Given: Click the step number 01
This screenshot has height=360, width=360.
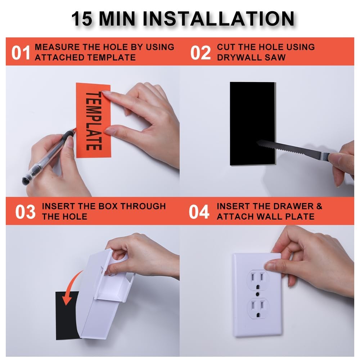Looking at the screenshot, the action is pos(21,53).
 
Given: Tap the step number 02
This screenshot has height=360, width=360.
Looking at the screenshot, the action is pos(200,53).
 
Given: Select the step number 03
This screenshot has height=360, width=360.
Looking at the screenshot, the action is pos(25,212).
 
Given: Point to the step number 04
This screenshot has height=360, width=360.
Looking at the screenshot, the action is pos(199,212).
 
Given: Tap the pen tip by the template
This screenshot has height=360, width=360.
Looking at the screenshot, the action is pos(75,130).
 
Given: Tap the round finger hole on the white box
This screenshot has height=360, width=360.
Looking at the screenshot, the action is pos(119,258).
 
